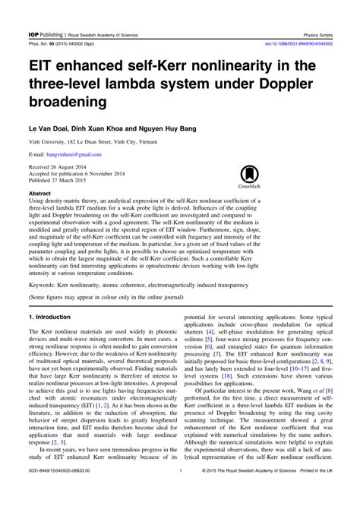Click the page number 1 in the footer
[x=180, y=493]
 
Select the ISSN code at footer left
[x=61, y=493]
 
